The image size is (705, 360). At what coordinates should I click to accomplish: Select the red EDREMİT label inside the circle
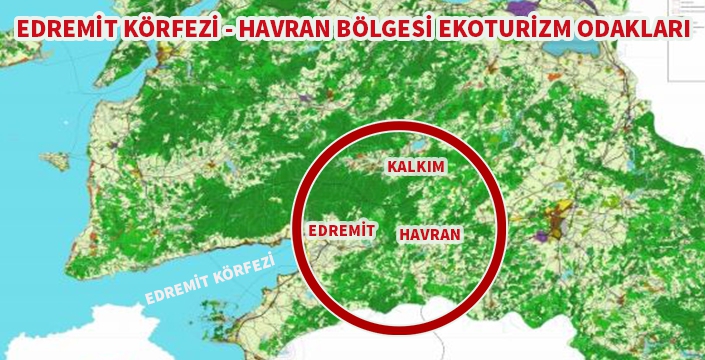[341, 231]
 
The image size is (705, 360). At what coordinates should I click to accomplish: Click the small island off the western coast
[58, 160]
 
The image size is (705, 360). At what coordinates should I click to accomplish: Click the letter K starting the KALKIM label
[391, 167]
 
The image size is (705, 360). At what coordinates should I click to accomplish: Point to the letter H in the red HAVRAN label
[404, 234]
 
